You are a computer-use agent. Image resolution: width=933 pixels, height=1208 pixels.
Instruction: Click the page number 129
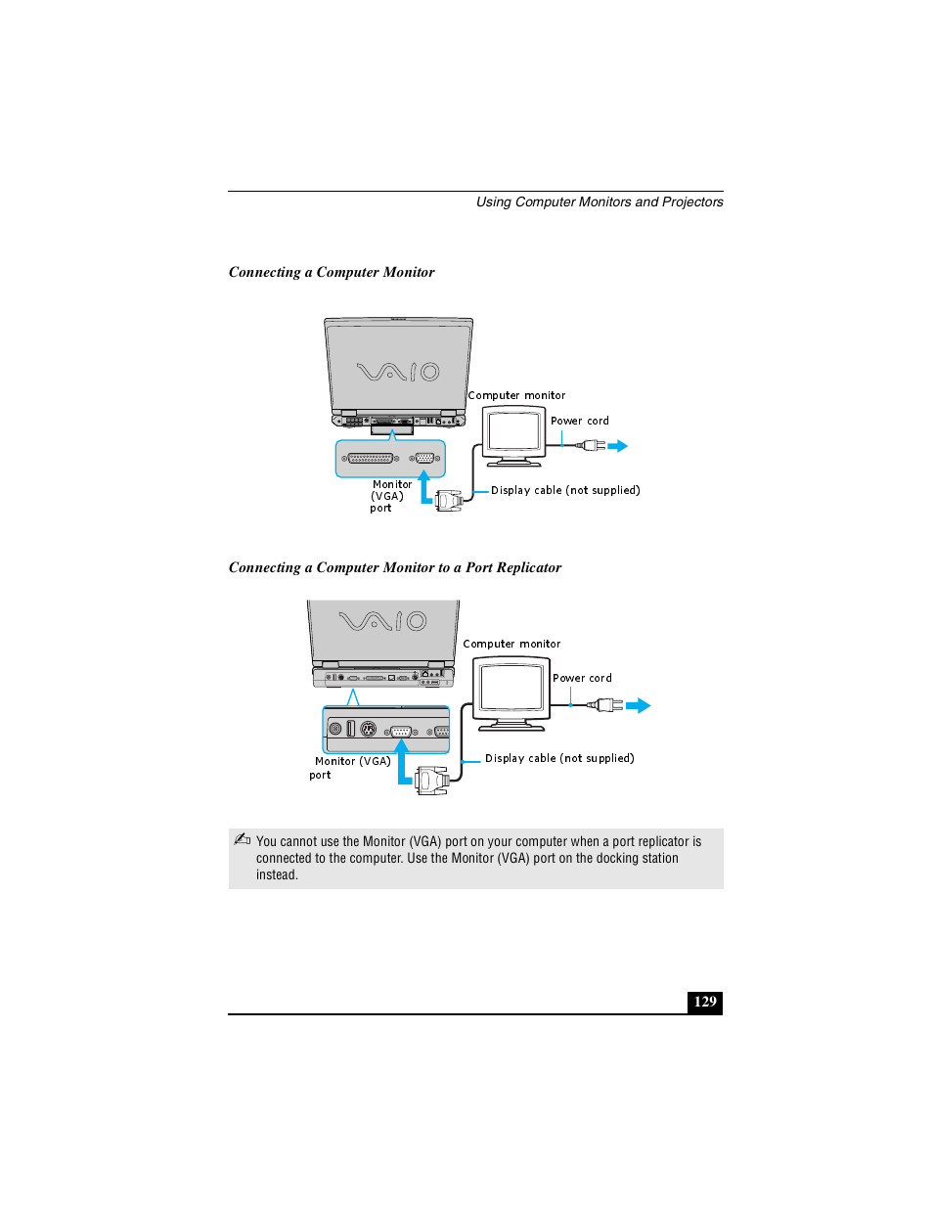tap(704, 1002)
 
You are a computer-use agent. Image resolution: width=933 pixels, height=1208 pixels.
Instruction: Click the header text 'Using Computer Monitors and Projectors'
tap(599, 202)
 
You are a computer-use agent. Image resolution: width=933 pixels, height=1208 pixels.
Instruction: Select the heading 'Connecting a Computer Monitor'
tap(332, 273)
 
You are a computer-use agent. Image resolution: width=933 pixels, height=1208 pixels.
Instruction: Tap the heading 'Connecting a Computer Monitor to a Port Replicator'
tap(394, 568)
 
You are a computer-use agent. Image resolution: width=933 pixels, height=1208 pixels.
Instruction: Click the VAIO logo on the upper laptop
tap(398, 372)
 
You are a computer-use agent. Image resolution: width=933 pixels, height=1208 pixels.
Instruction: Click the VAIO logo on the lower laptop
tap(382, 621)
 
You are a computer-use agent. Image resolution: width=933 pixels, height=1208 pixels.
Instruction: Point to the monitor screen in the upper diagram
tap(513, 431)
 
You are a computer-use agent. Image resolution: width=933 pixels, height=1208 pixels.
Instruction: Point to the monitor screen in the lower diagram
tap(511, 688)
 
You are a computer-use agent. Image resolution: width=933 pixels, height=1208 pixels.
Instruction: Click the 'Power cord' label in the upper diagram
tap(579, 422)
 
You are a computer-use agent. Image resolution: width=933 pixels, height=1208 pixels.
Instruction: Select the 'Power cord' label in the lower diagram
tap(582, 679)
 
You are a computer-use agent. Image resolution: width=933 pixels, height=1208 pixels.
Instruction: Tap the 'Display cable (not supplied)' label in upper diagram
tap(565, 491)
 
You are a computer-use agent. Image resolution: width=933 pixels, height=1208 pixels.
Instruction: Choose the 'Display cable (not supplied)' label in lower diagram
tap(559, 759)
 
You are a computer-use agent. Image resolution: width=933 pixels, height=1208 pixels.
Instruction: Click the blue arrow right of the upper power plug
tap(617, 446)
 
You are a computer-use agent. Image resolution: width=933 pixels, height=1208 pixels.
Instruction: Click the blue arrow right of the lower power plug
tap(638, 706)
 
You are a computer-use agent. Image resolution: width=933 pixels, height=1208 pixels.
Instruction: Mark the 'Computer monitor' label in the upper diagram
tap(516, 396)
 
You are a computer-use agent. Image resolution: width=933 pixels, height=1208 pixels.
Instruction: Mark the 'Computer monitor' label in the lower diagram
tap(511, 645)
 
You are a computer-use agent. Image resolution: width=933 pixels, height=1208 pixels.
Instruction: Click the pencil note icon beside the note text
tap(243, 839)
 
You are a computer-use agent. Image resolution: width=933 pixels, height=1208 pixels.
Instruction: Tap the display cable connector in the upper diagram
tap(449, 501)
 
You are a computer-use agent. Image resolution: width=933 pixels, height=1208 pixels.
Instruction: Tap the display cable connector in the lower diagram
tap(431, 780)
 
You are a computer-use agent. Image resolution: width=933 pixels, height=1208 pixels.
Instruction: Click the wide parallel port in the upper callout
tap(371, 458)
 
